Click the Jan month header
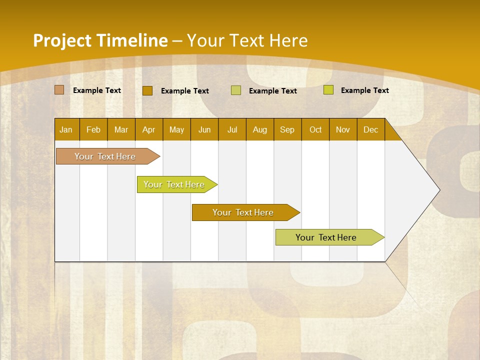(66, 129)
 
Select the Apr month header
(148, 129)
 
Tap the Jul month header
(232, 129)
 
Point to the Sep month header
(287, 129)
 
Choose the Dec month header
(370, 129)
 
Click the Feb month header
(93, 129)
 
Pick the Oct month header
(315, 129)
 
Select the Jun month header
(204, 129)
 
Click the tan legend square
(59, 90)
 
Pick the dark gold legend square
(147, 90)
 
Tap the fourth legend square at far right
(328, 90)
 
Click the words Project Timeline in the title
(100, 40)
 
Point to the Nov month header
(343, 129)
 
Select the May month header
(176, 129)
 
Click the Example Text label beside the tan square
(97, 90)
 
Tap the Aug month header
(260, 129)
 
